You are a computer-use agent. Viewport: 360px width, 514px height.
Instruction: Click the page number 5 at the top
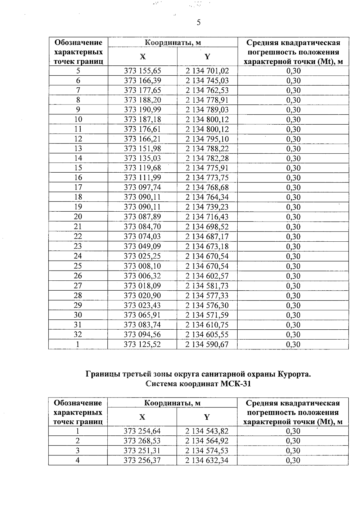tap(198, 23)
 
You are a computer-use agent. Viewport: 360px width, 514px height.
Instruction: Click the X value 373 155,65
tap(142, 71)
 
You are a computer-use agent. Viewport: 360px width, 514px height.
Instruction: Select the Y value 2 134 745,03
tap(207, 80)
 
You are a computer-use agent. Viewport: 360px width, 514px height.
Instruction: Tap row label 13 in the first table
tap(78, 149)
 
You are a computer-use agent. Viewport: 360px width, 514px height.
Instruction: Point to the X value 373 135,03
tap(142, 158)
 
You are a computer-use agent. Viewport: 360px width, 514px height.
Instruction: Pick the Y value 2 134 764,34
tap(207, 197)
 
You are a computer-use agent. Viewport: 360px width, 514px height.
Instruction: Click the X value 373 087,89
tap(142, 217)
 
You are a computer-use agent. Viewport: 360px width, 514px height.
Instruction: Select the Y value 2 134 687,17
tap(207, 237)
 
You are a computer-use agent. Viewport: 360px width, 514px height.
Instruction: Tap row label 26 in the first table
tap(78, 276)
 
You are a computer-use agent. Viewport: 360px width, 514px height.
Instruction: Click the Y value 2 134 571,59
tap(207, 315)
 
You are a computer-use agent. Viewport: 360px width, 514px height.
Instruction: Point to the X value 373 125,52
tap(142, 344)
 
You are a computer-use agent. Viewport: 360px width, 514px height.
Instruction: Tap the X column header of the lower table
tap(142, 417)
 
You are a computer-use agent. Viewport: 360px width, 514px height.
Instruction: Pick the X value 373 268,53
tap(142, 441)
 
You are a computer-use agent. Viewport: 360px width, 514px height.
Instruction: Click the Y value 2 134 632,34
tap(207, 460)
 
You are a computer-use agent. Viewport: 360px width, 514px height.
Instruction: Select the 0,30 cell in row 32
tap(293, 334)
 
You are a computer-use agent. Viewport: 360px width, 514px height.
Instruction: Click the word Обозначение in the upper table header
tap(78, 42)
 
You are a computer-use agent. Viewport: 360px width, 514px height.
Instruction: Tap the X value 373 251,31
tap(142, 451)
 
